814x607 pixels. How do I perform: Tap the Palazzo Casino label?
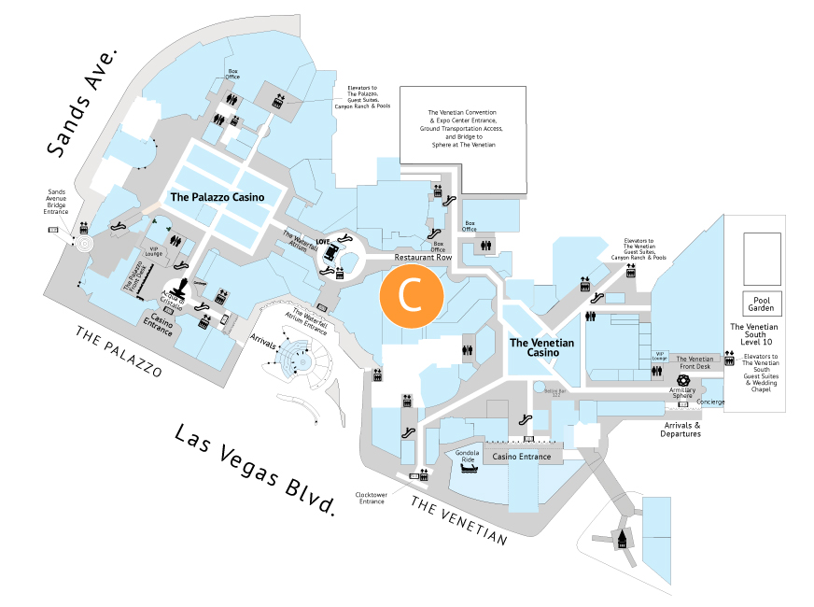point(217,197)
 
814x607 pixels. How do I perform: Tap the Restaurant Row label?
point(423,257)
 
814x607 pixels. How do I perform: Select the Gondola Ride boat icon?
point(467,466)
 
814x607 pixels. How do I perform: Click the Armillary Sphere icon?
point(682,381)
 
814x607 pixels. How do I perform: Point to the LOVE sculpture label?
point(323,242)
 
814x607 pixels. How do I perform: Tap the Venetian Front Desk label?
point(695,362)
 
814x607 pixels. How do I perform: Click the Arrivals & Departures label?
point(681,430)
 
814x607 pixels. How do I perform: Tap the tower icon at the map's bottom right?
point(621,539)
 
